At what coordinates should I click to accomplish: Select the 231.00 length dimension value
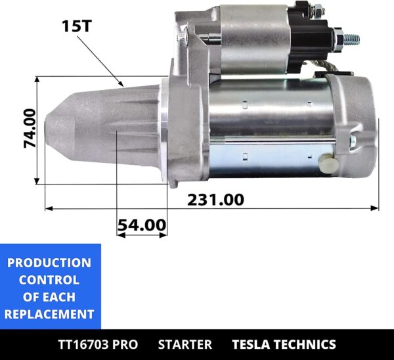215,198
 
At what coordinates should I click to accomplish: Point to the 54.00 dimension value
142,225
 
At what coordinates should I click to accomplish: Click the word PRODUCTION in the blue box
49,263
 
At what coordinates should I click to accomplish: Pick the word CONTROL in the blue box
49,280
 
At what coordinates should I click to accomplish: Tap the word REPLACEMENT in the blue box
49,314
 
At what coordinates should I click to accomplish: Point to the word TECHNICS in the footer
307,344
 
